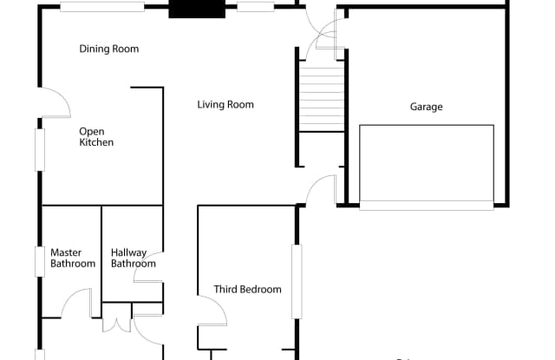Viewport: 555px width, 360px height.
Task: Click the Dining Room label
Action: (x=109, y=49)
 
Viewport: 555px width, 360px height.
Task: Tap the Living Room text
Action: (x=225, y=105)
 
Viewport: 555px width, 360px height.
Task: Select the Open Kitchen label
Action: (x=96, y=137)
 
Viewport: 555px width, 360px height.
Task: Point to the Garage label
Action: (x=426, y=107)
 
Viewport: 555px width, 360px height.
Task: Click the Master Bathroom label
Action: (x=73, y=258)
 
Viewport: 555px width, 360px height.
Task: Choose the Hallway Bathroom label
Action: (x=133, y=258)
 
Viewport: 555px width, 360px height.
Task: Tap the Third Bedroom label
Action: (x=248, y=290)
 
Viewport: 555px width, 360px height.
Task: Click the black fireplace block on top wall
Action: (x=197, y=9)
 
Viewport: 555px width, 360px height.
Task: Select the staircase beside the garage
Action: (x=322, y=96)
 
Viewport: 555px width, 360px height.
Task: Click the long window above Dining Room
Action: (x=102, y=7)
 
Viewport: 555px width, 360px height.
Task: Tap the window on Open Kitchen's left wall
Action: (x=40, y=150)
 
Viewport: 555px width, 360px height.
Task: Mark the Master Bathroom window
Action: (x=40, y=262)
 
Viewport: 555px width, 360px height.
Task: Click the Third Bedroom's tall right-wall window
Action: (x=297, y=282)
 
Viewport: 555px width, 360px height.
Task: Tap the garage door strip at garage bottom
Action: (x=427, y=206)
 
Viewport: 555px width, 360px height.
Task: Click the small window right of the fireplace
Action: (x=256, y=7)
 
